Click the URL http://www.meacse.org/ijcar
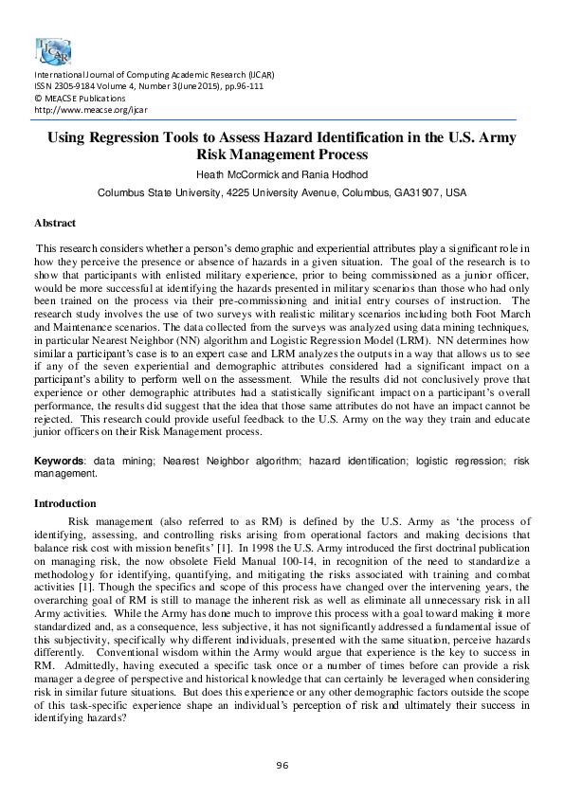coord(81,109)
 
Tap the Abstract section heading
coord(55,223)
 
